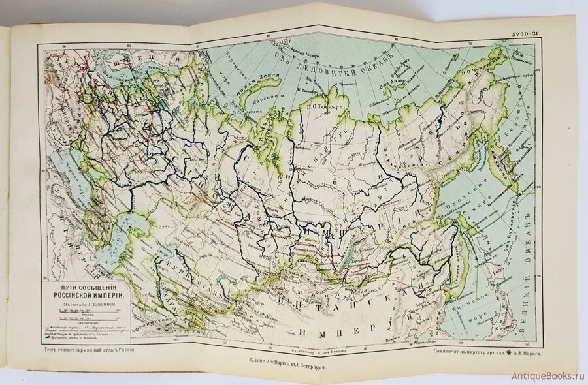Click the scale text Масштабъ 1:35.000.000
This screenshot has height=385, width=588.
point(89,303)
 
